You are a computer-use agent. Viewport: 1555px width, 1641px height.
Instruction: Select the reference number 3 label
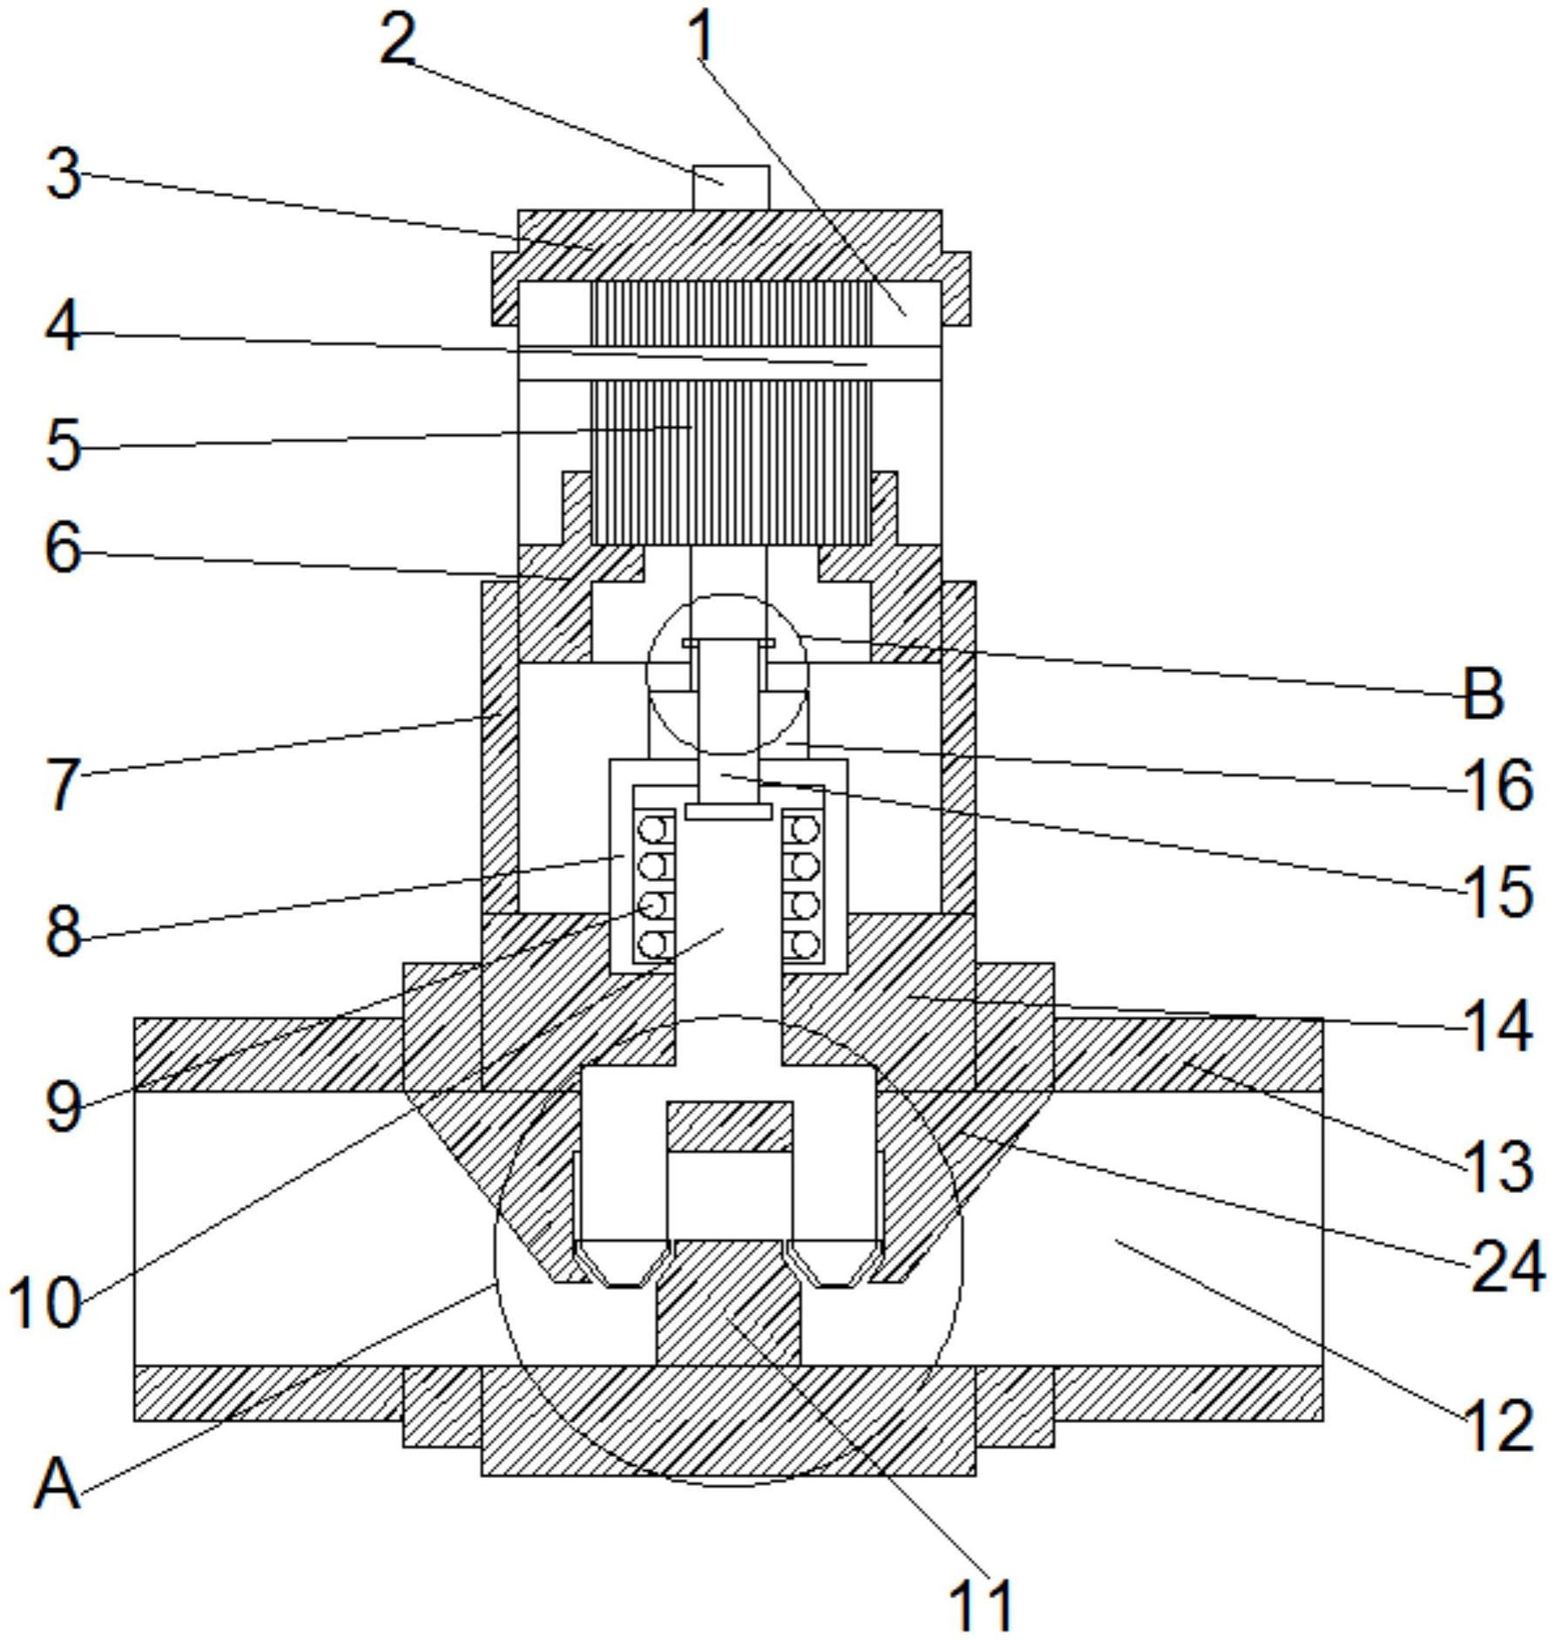[x=64, y=174]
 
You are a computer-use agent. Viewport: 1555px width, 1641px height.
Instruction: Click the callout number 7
[x=64, y=784]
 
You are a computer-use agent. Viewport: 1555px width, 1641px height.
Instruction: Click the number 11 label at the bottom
[x=982, y=1604]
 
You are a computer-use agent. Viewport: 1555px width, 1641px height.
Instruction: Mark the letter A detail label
[x=57, y=1484]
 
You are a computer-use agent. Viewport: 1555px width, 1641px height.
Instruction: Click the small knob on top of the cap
[x=731, y=187]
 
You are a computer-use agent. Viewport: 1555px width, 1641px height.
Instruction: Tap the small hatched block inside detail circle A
[x=730, y=1125]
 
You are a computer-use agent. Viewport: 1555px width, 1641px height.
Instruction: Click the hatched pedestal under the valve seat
[x=728, y=1304]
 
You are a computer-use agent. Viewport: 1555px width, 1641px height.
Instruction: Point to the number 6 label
[x=64, y=549]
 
